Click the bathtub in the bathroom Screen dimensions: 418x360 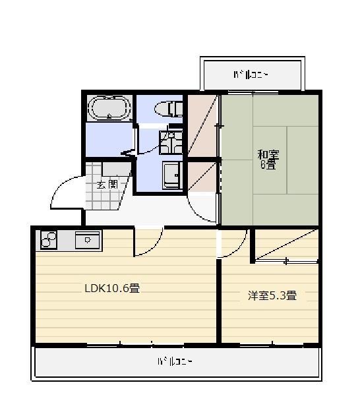109,108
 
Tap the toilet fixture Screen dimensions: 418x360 170,108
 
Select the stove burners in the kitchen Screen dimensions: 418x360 49,240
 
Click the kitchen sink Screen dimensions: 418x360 87,241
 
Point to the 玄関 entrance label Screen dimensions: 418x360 107,185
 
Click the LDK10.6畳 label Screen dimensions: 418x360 111,288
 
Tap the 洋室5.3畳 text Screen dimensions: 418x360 272,296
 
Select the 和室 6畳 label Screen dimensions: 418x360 268,160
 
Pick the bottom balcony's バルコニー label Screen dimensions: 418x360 175,361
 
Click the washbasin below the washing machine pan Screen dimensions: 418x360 172,175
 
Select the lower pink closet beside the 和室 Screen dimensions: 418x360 202,177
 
